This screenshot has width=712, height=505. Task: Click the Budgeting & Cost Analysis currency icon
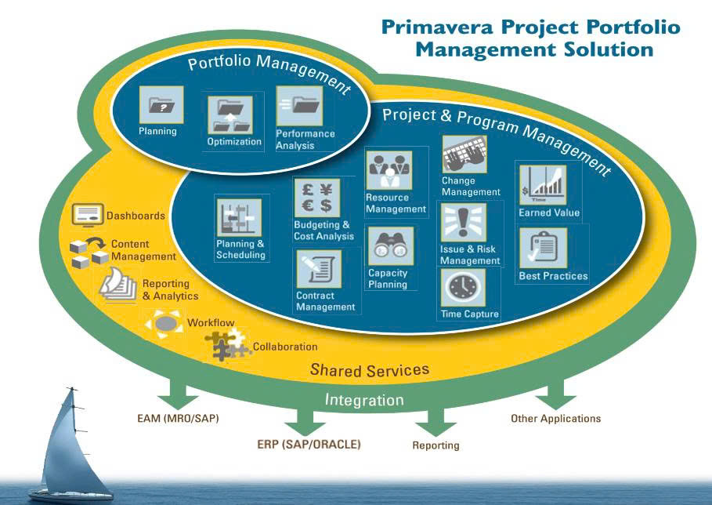coord(313,198)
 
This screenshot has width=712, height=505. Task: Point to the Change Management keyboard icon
coord(464,154)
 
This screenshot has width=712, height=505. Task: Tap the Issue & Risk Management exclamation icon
coord(463,223)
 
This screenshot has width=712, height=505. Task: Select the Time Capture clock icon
coord(464,288)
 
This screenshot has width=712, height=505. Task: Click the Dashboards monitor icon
coord(88,214)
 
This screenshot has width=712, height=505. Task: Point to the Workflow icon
coord(164,322)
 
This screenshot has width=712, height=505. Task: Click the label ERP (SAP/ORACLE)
coord(309,444)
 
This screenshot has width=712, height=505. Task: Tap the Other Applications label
coord(555,418)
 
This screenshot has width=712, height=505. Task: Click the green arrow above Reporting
coord(435,423)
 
